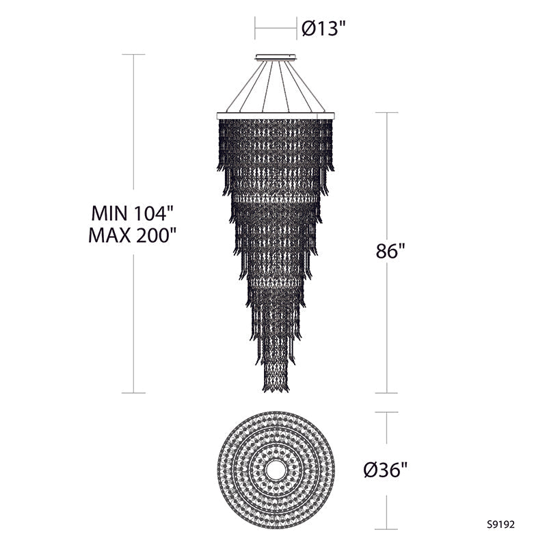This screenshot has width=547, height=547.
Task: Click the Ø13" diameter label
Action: coord(324,28)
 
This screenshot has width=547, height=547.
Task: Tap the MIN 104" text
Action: coord(133,210)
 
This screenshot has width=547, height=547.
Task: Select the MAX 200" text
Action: coord(133,236)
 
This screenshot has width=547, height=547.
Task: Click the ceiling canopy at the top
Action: coord(276,57)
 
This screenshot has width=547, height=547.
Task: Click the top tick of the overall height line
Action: coord(133,55)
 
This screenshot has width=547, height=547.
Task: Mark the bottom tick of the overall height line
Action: coord(133,392)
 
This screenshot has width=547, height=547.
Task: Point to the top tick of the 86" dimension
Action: coord(387,113)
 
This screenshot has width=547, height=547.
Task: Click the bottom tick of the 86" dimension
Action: coord(387,392)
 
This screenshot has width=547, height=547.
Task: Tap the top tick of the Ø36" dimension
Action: coord(387,412)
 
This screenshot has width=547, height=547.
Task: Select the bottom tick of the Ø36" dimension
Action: coord(387,529)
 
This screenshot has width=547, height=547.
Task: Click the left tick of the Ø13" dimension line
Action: coord(256,28)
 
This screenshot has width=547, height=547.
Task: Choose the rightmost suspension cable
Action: coord(314,85)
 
